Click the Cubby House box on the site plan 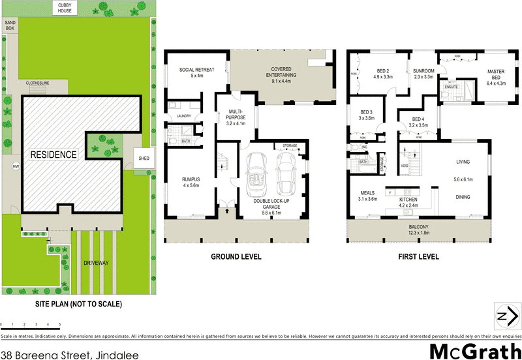pyautogui.click(x=65, y=8)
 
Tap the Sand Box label pyautogui.click(x=10, y=25)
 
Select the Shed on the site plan pyautogui.click(x=142, y=157)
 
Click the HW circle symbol pyautogui.click(x=15, y=166)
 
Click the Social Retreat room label pyautogui.click(x=188, y=72)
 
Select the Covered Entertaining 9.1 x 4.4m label pyautogui.click(x=283, y=72)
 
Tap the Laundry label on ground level pyautogui.click(x=183, y=117)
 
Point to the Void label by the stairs pyautogui.click(x=405, y=166)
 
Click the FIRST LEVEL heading pyautogui.click(x=418, y=257)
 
